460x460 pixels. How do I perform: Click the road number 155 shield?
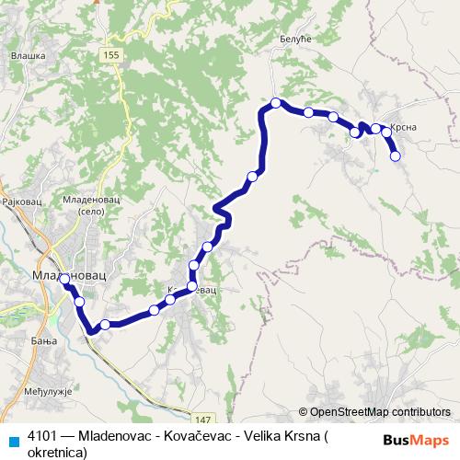tap(111, 56)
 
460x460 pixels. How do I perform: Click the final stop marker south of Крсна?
tap(396, 156)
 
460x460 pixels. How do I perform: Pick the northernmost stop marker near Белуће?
tap(275, 102)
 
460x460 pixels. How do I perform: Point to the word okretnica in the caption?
tap(57, 452)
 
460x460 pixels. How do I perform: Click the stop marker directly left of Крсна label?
tap(375, 129)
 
